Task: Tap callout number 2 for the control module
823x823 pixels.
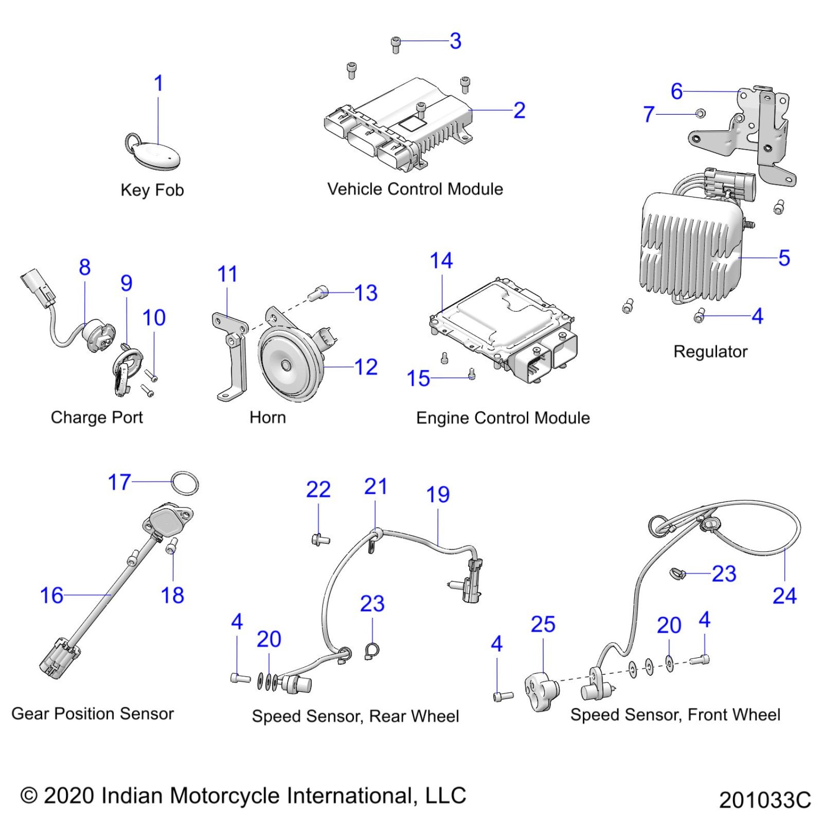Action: (x=519, y=110)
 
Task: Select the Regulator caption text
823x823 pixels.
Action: (x=710, y=351)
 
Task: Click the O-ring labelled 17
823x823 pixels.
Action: (x=185, y=483)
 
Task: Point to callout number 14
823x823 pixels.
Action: (x=441, y=261)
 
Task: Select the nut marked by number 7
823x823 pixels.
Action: (x=700, y=114)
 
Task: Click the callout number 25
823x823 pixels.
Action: (x=543, y=625)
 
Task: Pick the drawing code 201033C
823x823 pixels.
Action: (x=764, y=800)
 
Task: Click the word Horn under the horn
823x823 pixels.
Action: (x=268, y=417)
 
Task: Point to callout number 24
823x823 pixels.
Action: (x=784, y=596)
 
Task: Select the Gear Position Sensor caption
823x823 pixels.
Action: (x=92, y=714)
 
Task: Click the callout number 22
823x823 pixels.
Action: (x=318, y=490)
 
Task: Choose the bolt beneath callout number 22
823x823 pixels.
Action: (x=320, y=539)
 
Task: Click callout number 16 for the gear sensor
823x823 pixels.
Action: (x=51, y=595)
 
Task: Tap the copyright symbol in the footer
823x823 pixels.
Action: (x=29, y=795)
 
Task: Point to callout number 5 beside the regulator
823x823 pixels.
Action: (x=784, y=258)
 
